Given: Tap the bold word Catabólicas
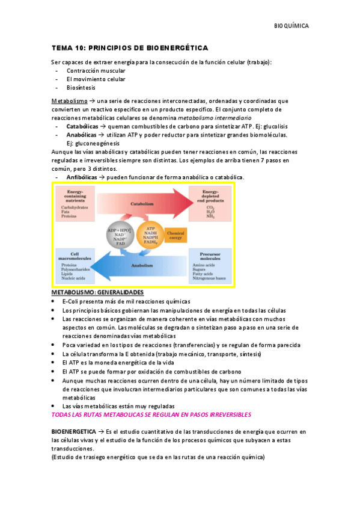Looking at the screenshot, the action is [82, 127].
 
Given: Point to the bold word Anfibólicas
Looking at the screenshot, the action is [82, 178].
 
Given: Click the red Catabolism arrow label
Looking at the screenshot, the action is [140, 204].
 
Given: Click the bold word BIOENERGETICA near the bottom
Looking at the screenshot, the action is [73, 432].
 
